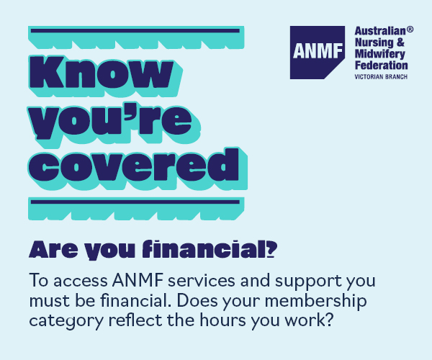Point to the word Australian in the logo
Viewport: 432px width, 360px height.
point(379,32)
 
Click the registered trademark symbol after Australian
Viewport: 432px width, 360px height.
point(410,30)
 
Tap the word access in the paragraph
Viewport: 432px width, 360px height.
point(76,279)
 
